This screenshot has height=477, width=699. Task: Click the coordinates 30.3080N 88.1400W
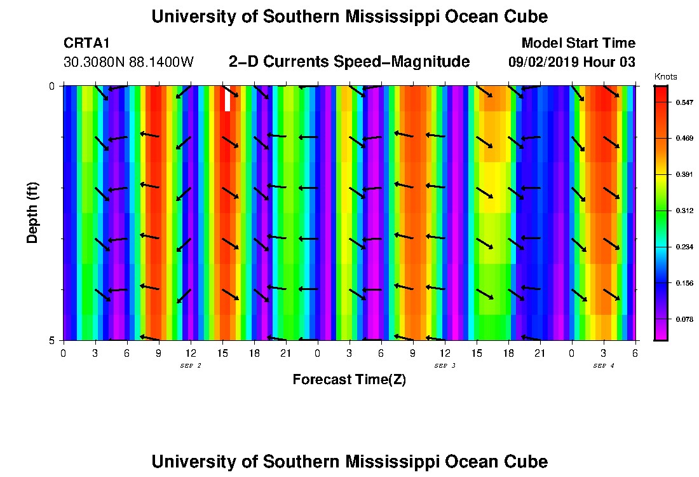click(128, 62)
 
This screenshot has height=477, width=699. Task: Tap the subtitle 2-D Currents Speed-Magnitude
click(349, 62)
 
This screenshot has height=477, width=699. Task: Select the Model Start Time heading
click(578, 43)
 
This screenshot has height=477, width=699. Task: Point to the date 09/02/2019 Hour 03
click(571, 62)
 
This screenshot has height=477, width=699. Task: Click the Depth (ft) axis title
click(32, 212)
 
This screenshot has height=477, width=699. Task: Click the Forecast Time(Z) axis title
click(349, 380)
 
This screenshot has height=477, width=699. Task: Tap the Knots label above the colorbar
click(665, 77)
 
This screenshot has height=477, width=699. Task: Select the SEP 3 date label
click(444, 366)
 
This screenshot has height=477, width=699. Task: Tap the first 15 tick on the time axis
click(222, 353)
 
